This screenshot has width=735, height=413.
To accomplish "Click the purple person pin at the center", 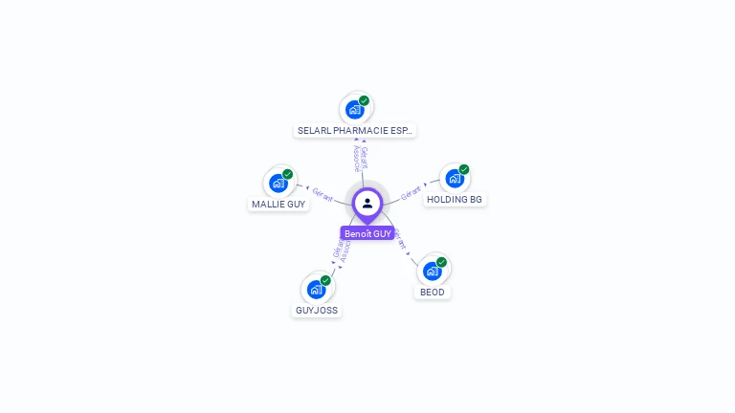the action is click(367, 204).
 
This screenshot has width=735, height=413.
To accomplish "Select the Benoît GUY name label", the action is click(367, 233).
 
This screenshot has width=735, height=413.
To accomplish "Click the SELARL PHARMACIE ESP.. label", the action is click(355, 130).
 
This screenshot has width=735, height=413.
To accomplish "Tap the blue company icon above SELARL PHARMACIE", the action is click(354, 109).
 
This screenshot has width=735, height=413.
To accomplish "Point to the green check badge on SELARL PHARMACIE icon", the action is click(365, 100).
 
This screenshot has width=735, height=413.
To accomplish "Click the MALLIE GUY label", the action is click(278, 204).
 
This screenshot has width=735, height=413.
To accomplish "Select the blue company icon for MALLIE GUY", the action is click(278, 183).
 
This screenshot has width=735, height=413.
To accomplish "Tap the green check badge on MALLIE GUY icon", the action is click(288, 174).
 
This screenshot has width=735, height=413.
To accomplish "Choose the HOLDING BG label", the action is click(455, 200).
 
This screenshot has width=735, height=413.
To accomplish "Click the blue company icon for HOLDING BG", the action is click(455, 178).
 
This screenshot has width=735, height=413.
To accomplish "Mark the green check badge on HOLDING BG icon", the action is click(464, 169).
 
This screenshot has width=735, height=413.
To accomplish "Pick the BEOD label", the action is click(433, 292).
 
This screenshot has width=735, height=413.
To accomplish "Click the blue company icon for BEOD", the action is click(432, 271).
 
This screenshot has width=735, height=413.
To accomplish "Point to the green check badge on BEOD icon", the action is click(442, 262).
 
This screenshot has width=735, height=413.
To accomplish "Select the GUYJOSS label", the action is click(317, 310).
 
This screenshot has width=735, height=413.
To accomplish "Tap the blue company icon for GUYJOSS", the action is click(316, 289).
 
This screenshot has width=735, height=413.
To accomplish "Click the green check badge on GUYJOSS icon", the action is click(325, 280).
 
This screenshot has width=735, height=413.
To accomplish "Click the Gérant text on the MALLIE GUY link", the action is click(323, 195).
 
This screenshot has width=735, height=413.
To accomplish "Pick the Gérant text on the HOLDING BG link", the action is click(411, 192).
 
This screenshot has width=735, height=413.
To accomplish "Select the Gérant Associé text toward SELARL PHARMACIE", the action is click(359, 158).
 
